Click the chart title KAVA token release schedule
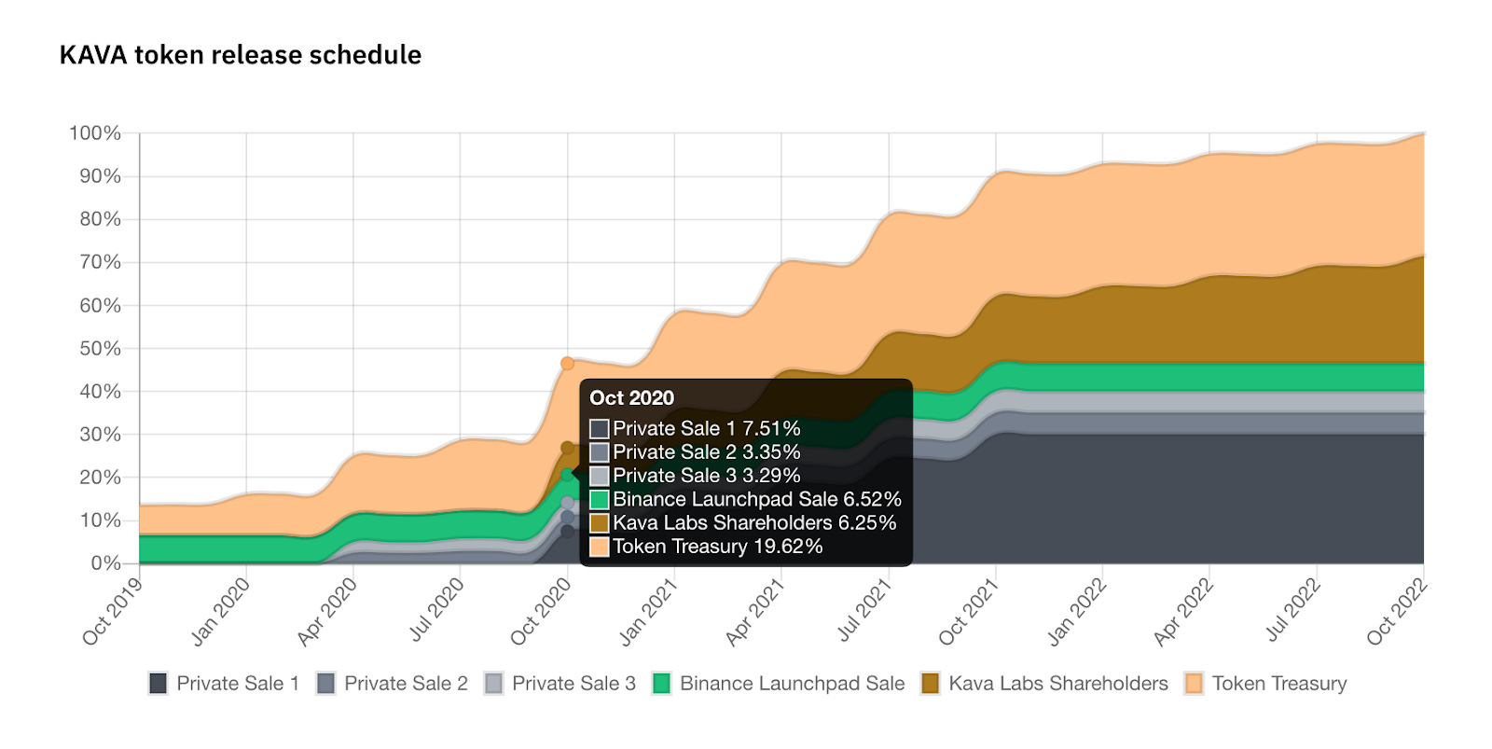[241, 55]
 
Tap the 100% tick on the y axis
[95, 133]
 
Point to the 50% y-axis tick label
[100, 348]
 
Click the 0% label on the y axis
[105, 562]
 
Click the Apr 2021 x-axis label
[754, 612]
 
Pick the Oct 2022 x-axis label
[1396, 612]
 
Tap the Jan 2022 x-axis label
[1076, 612]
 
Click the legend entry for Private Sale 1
[225, 683]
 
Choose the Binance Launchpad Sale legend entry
[780, 683]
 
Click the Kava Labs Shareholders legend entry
[1045, 683]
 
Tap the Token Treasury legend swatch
[1194, 683]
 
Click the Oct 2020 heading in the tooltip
[631, 397]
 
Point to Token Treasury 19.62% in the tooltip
[717, 547]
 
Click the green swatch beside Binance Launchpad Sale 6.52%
[599, 499]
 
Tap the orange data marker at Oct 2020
[567, 363]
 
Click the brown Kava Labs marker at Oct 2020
[567, 448]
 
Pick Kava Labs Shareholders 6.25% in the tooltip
[753, 522]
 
